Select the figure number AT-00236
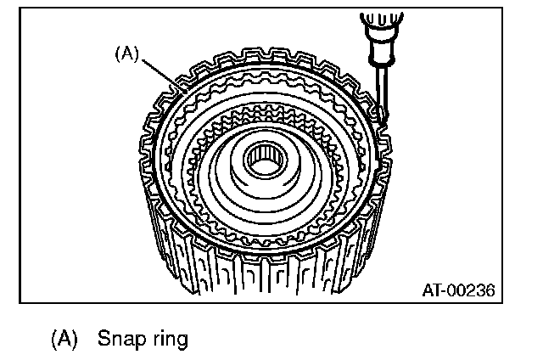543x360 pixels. click(458, 290)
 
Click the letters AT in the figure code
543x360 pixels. click(432, 290)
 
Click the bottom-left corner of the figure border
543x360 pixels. click(20, 302)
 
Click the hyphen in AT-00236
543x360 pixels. click(443, 290)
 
